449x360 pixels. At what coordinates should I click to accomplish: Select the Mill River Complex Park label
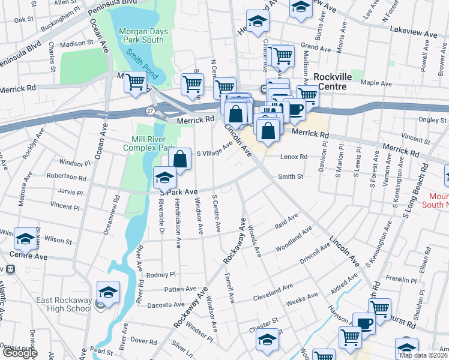[149, 143]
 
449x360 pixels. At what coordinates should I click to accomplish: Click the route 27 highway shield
[148, 110]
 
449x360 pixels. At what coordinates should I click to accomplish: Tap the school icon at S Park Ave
[164, 177]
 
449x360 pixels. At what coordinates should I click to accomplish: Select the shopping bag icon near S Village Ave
[179, 159]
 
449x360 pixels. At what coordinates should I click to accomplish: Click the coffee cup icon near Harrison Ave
[364, 323]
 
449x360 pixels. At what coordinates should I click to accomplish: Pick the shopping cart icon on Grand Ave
[282, 56]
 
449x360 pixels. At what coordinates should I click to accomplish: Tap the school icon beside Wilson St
[25, 239]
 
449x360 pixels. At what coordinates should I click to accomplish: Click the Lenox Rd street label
[294, 157]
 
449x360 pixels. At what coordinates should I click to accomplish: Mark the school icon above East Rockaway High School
[108, 292]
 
